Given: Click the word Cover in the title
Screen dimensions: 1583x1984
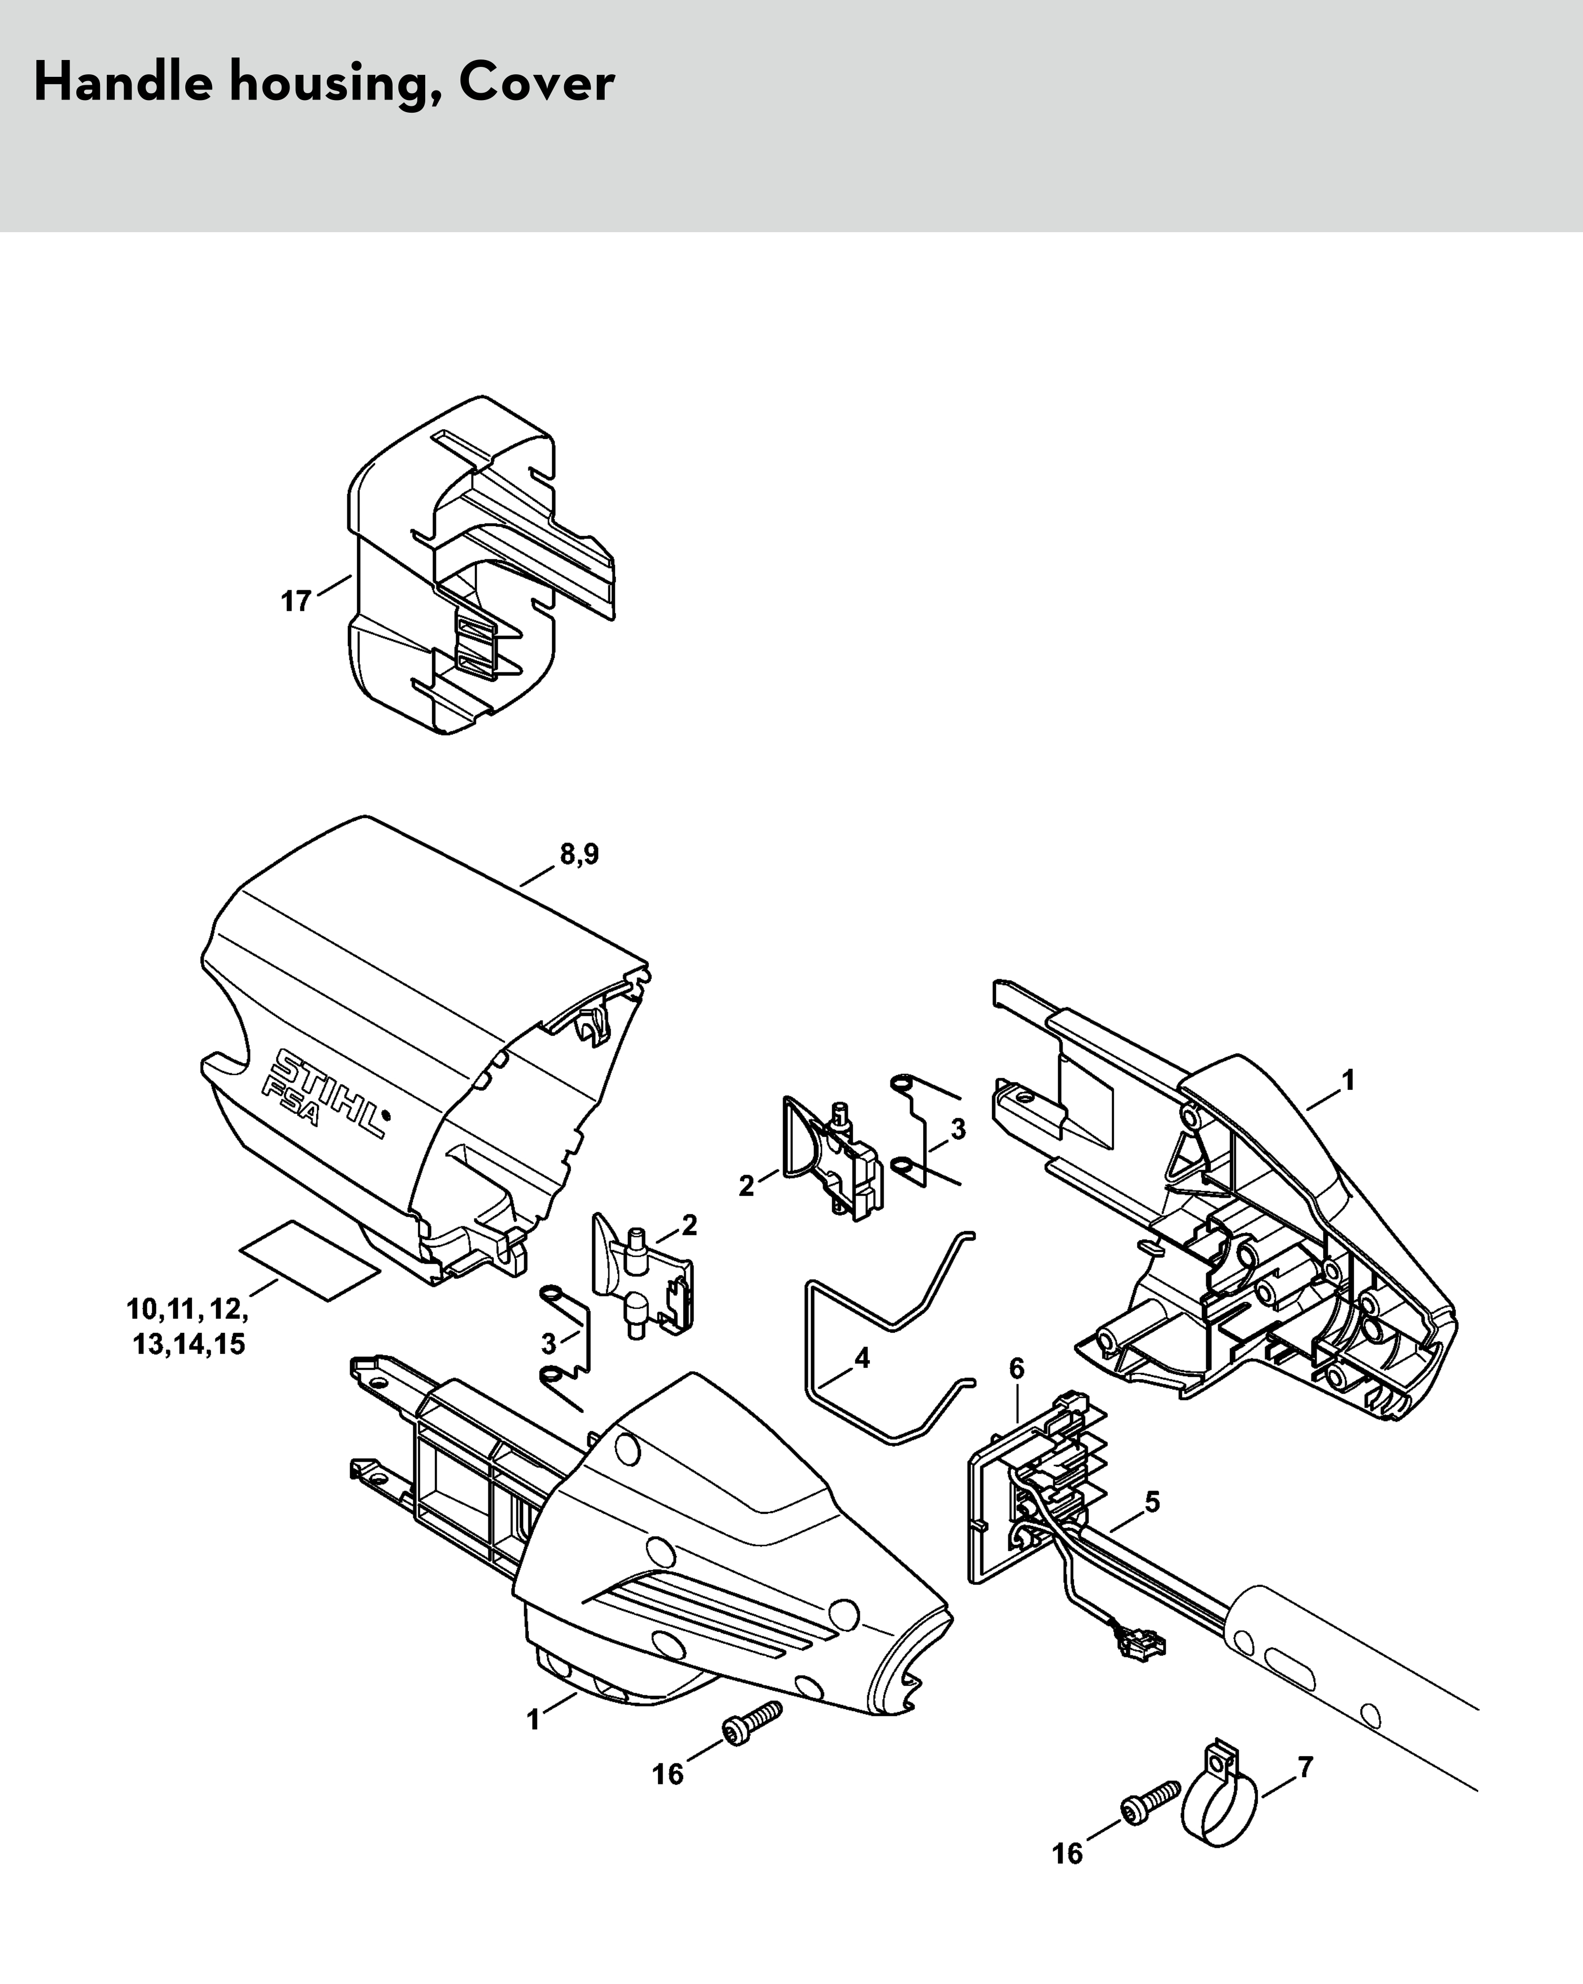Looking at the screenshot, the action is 536,83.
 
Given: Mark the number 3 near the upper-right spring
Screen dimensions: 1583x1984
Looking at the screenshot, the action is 958,1129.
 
